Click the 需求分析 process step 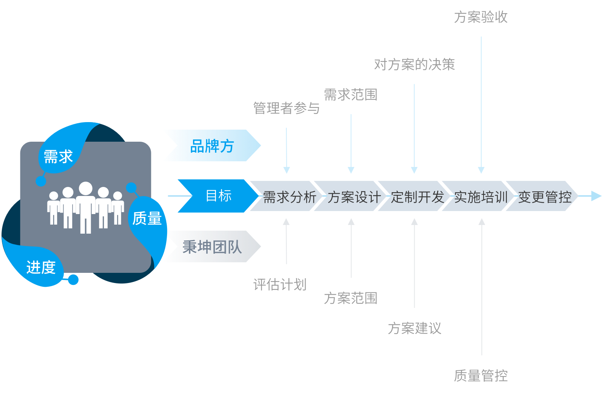coord(289,197)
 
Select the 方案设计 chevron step coord(354,197)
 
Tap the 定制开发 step coord(417,197)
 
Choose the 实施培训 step coord(481,197)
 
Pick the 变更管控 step coord(544,197)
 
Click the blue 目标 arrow coord(218,196)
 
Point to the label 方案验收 coord(481,17)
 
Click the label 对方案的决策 coord(414,65)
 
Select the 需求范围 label coord(350,95)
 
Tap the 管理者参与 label coord(286,109)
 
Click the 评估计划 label coord(280,285)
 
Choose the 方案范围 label coord(350,298)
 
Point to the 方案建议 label coord(414,328)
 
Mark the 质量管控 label coord(481,376)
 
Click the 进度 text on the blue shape coord(41,268)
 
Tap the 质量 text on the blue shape coord(147,219)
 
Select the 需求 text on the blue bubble coord(58,157)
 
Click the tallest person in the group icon coord(85,207)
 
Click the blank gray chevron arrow coord(213,246)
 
